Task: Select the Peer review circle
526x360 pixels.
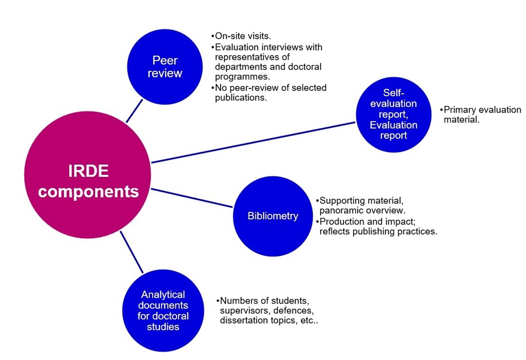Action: coord(165,67)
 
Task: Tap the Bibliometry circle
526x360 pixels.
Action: coord(272,216)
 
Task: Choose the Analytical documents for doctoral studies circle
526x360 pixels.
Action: coord(163,310)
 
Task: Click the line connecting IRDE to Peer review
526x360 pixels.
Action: coord(134,111)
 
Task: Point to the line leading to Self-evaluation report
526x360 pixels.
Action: coord(252,142)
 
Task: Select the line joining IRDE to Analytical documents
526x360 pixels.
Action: coord(132,252)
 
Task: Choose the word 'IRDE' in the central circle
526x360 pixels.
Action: coord(88,171)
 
